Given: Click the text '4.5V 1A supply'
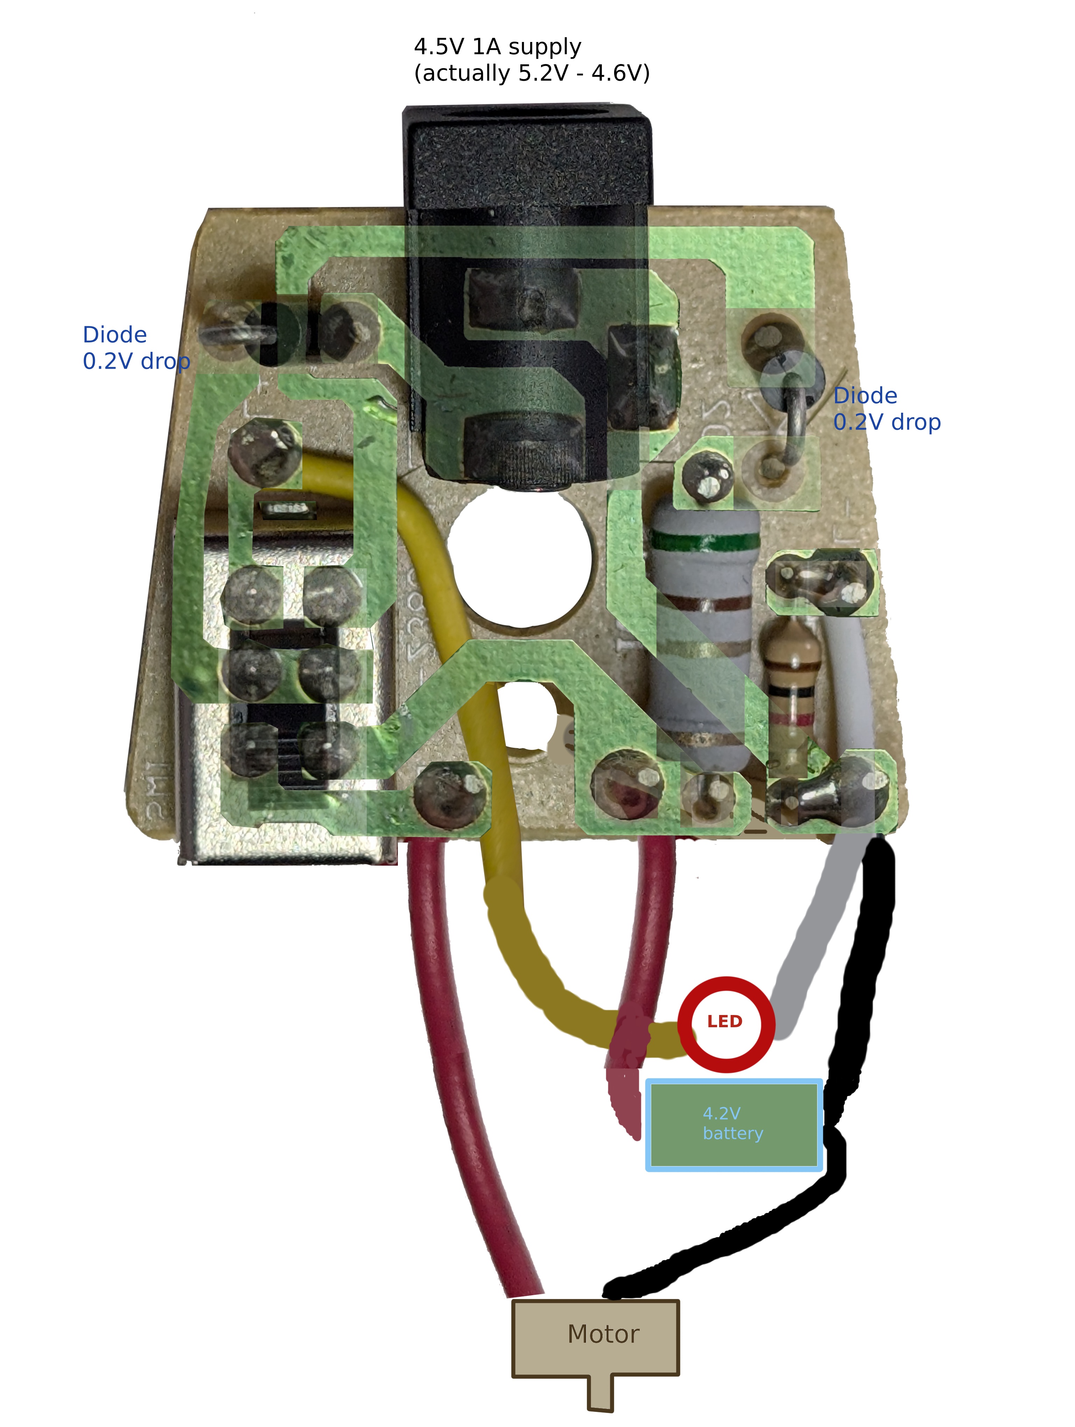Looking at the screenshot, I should pyautogui.click(x=498, y=47).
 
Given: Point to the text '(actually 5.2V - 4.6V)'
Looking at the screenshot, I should pyautogui.click(x=532, y=73).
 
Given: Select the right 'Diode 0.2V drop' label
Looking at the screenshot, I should pyautogui.click(x=886, y=409).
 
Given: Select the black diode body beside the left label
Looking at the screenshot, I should pyautogui.click(x=279, y=334).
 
